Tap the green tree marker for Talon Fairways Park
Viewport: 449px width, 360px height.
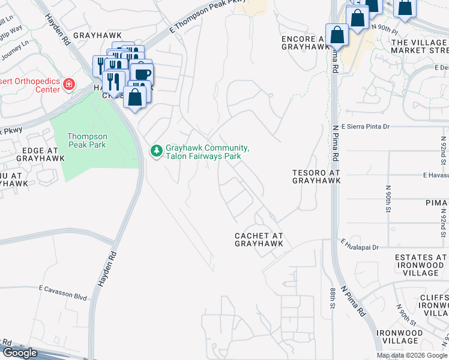157,151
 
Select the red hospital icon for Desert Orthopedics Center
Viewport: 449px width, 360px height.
70,84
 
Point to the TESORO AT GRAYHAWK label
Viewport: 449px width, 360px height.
316,176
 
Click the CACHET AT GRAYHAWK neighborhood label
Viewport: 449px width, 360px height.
259,240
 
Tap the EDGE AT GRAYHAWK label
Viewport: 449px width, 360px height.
28,156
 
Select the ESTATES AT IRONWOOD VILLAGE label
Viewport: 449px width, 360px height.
421,265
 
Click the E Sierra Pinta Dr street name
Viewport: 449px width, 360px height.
366,127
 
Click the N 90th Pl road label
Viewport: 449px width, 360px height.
385,28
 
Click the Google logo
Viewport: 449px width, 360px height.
20,353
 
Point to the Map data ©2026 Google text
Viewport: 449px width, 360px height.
412,355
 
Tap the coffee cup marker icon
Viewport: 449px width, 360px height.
142,74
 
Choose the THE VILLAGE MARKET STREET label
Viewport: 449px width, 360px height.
420,46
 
